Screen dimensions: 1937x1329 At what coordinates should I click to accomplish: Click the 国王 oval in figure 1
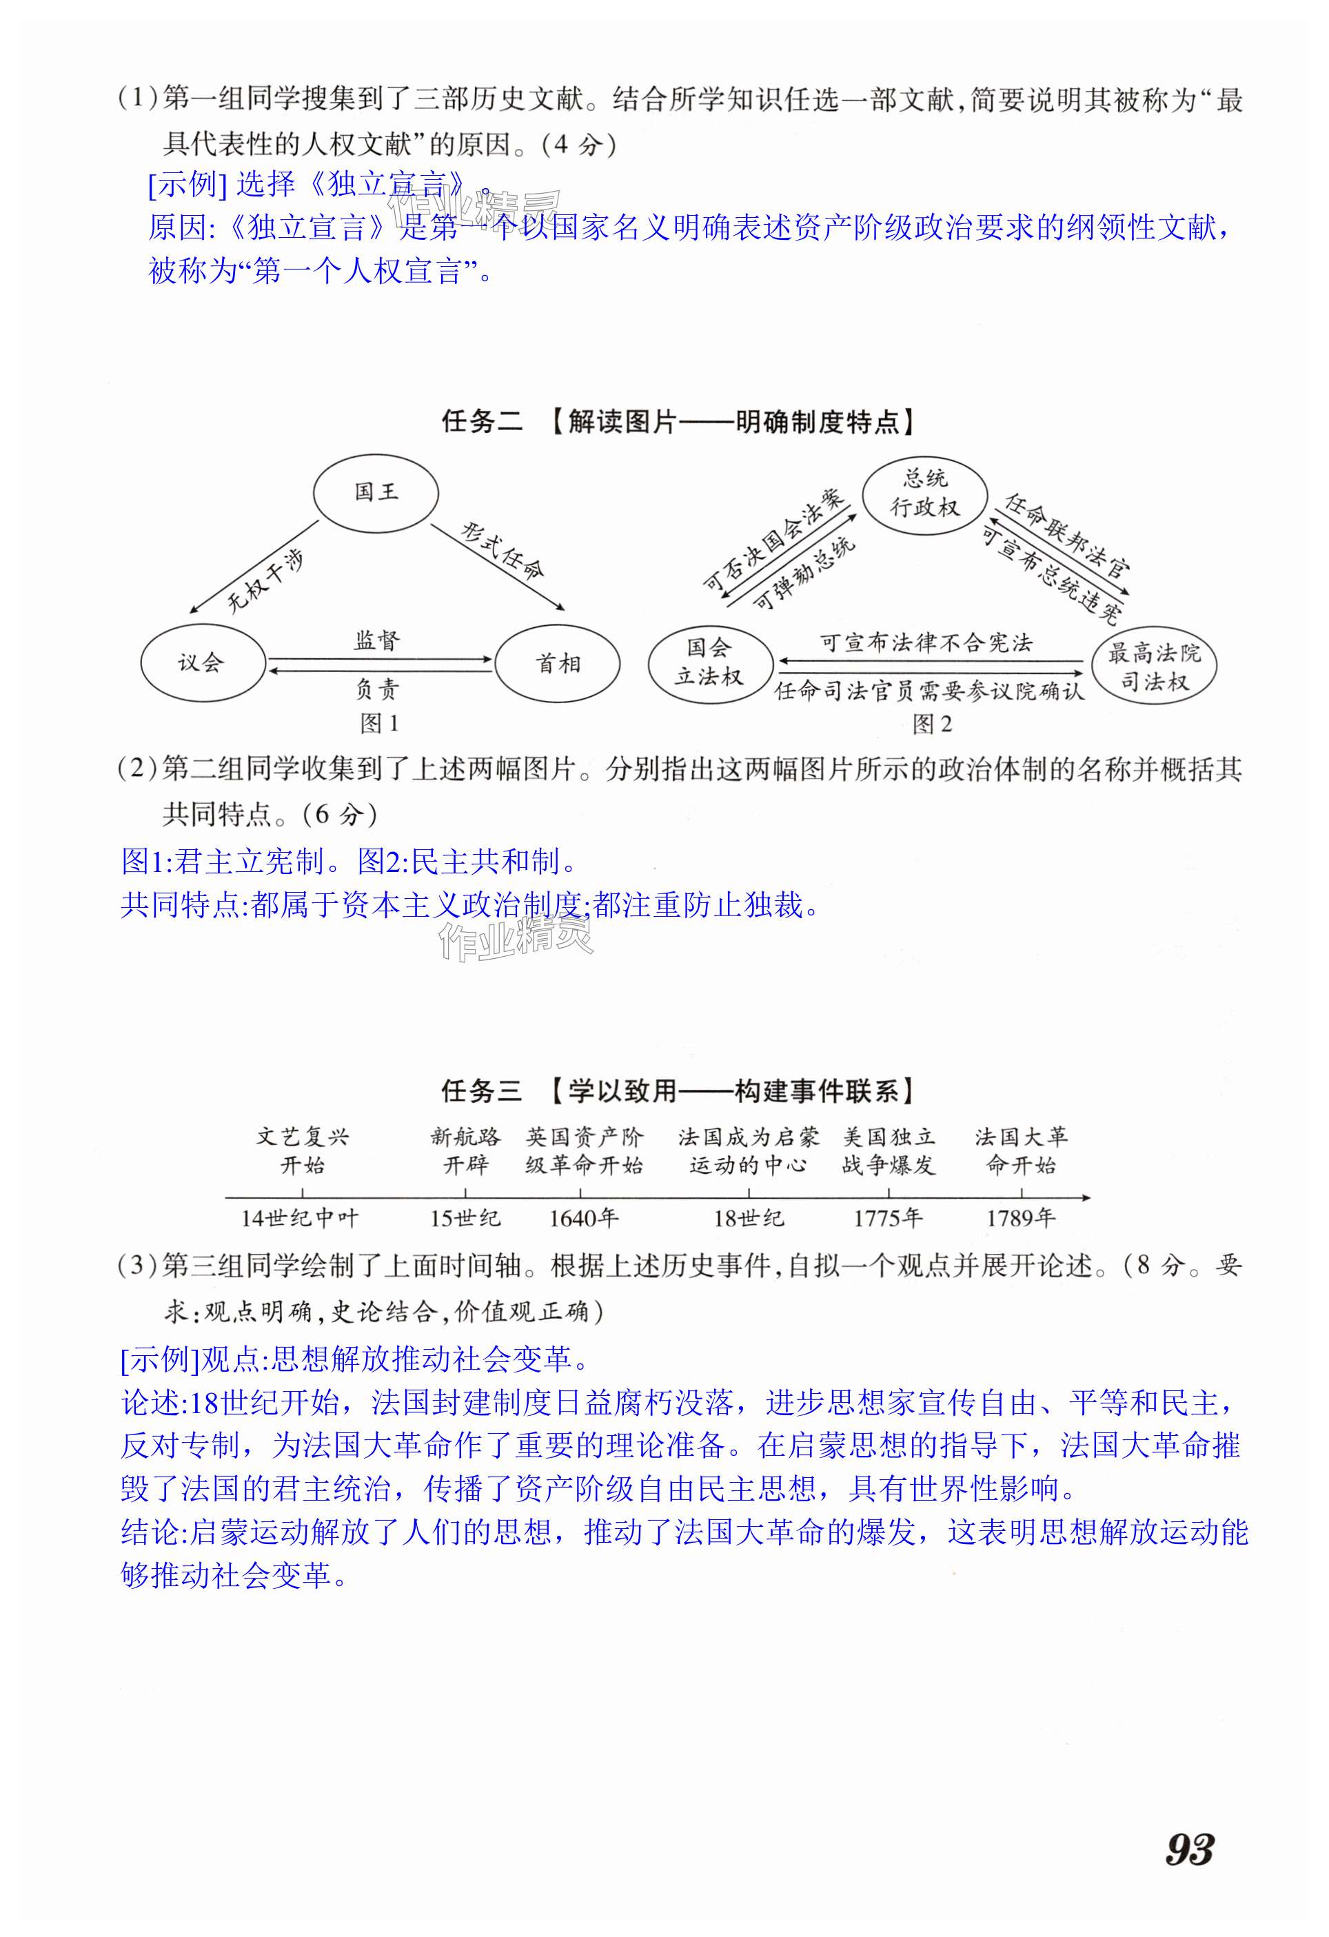click(x=376, y=493)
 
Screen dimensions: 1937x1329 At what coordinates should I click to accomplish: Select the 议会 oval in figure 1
click(x=203, y=662)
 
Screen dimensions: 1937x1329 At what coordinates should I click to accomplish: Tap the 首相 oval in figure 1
click(x=558, y=663)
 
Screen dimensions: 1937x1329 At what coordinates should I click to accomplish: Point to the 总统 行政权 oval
click(x=925, y=494)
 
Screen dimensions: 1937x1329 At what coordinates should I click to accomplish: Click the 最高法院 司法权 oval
click(x=1154, y=667)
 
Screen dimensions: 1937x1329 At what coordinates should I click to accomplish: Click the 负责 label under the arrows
click(x=378, y=689)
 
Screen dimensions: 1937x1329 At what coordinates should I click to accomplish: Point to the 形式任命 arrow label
click(x=503, y=551)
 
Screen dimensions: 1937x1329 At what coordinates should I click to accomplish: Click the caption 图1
click(x=379, y=724)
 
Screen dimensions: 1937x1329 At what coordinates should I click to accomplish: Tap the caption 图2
click(x=931, y=724)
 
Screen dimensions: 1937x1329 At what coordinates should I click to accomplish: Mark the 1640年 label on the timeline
click(x=583, y=1219)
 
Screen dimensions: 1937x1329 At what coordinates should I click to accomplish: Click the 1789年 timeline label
click(x=1021, y=1219)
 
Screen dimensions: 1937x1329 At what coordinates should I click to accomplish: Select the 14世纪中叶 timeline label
click(x=300, y=1219)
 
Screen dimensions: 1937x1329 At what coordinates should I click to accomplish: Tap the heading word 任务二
click(x=482, y=422)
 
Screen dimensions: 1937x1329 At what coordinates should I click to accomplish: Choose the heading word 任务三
click(x=482, y=1091)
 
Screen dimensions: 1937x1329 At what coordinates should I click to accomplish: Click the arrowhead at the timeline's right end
click(x=1085, y=1198)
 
